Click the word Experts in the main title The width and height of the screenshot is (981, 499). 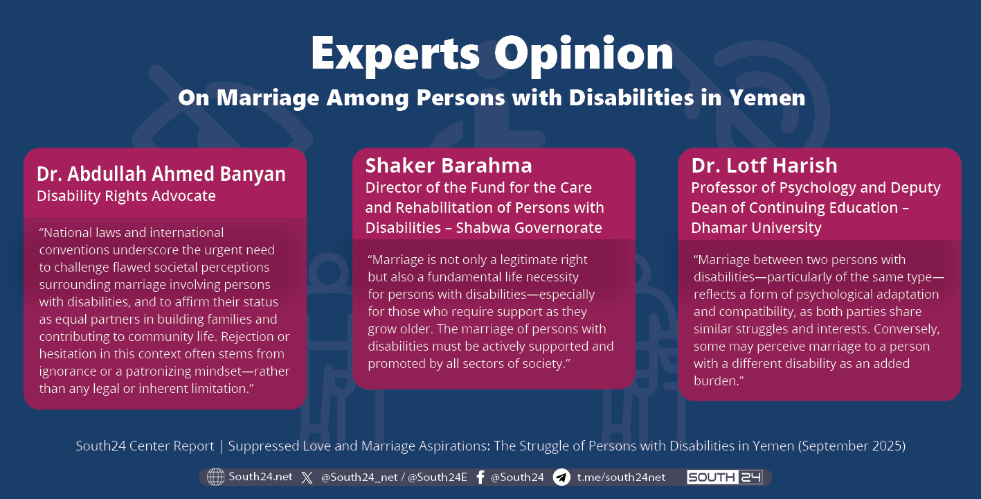(x=396, y=55)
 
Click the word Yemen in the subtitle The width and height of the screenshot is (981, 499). (x=767, y=97)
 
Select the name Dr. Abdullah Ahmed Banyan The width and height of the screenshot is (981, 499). (x=161, y=174)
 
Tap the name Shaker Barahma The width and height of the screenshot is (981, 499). (x=449, y=166)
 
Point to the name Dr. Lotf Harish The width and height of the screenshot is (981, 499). (x=764, y=166)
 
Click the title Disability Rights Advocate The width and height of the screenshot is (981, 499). (x=126, y=196)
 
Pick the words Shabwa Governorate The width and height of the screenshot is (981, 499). (x=529, y=228)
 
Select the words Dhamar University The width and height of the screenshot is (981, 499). (x=756, y=228)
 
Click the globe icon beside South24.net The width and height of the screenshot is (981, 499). (x=215, y=477)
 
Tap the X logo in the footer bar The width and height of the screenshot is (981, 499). (x=307, y=478)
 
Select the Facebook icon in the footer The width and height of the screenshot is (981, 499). (x=480, y=477)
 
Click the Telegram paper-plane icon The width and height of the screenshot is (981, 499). (x=561, y=477)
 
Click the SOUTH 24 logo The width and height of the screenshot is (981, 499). (x=725, y=477)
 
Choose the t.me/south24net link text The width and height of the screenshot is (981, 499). (x=621, y=477)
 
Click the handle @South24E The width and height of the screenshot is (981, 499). (x=438, y=478)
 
